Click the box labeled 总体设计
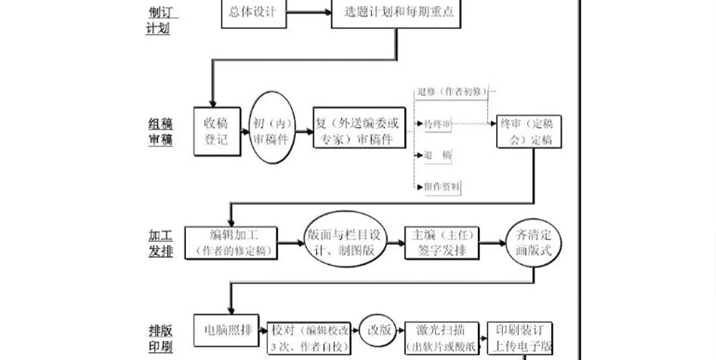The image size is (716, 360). click(254, 14)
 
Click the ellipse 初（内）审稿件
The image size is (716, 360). click(270, 129)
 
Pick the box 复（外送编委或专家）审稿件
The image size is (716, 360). click(358, 129)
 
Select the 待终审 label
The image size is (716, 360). click(437, 124)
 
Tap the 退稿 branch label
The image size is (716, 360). click(437, 155)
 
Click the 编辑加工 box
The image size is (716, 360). click(230, 242)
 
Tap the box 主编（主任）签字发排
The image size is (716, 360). click(440, 243)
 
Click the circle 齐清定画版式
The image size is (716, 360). click(534, 243)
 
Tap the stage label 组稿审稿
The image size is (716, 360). click(160, 133)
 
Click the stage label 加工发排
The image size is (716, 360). click(160, 243)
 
